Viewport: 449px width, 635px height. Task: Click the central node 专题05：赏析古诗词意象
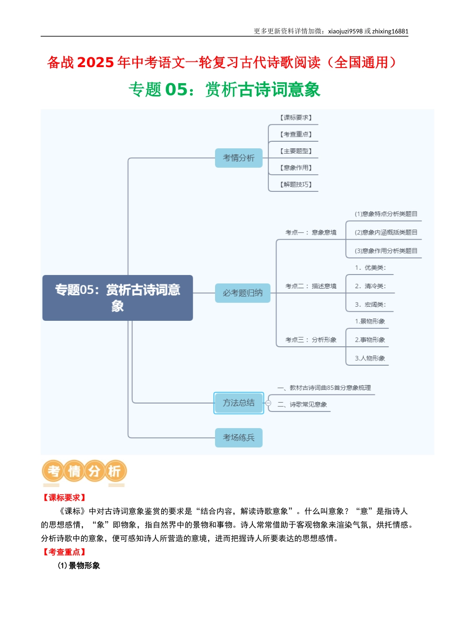coord(118,298)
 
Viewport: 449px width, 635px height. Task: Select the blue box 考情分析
coord(239,158)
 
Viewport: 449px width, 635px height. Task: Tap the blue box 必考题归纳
coord(242,293)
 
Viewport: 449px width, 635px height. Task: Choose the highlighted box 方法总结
coord(239,403)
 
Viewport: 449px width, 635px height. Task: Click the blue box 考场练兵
coord(239,438)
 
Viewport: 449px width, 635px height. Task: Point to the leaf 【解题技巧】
coord(296,184)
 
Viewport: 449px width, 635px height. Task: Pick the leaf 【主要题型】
coord(296,151)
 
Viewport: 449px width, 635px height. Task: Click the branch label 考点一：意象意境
coord(311,232)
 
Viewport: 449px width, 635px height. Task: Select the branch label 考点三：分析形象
coord(311,340)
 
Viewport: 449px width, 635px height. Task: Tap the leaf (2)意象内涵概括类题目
coord(386,232)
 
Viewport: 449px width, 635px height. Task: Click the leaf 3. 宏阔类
coord(370,305)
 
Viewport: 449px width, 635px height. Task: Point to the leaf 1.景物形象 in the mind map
coord(370,321)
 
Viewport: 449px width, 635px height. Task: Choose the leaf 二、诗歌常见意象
coord(302,404)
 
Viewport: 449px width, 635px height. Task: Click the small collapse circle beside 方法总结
coord(268,403)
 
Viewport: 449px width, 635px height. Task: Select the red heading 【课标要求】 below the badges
coord(64,498)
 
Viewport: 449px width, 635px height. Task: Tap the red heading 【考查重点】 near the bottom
coord(64,552)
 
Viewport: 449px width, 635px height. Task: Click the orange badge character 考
coord(54,471)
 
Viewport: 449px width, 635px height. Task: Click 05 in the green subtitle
coord(176,89)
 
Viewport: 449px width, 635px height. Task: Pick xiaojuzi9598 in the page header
coord(345,31)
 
